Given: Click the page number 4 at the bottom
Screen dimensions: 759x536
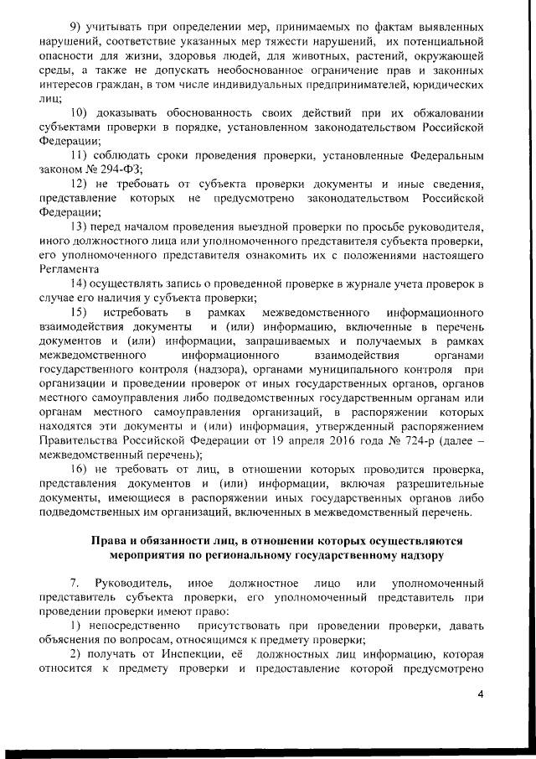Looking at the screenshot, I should (x=480, y=694).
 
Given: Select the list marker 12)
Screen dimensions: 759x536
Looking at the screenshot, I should (x=81, y=184).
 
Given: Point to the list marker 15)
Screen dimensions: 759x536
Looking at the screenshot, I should (x=81, y=312).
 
